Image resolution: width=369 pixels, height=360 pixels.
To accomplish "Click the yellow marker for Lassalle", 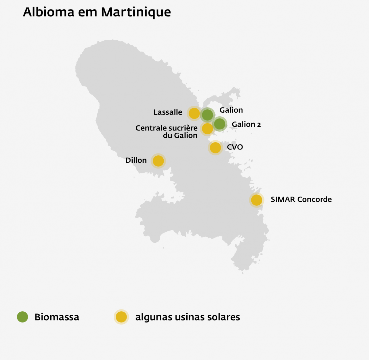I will pos(194,113).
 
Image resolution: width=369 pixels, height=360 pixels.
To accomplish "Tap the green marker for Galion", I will pos(207,115).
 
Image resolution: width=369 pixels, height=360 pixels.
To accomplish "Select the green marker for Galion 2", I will pos(220,124).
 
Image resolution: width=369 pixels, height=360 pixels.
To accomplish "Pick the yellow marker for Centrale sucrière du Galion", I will pos(207,129).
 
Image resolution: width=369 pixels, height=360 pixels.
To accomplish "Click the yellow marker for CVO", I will pos(215,148).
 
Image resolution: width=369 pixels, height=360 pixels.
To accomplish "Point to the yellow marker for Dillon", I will pos(158,161).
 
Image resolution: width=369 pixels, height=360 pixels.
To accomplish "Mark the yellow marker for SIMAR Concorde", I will pos(257,200).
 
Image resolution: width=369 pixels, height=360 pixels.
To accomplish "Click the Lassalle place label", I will pos(168,112).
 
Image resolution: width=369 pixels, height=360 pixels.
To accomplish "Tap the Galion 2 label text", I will pos(246,124).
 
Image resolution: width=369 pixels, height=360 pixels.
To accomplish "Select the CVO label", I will pos(235,147).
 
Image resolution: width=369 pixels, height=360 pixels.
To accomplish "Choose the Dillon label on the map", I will pos(136,160).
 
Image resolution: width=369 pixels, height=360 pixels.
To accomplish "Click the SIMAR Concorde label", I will pos(301,200).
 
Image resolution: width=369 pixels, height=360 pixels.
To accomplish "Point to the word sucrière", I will pos(183,128).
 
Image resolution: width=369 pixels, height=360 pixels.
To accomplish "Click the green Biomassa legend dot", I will pos(22,317).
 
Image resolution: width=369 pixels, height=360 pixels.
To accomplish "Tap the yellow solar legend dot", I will pos(121,317).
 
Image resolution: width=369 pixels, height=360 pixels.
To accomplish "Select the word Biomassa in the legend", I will pos(57,317).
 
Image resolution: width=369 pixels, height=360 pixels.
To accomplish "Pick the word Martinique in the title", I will pos(136,12).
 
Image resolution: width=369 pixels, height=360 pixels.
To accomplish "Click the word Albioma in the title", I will pos(48,12).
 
